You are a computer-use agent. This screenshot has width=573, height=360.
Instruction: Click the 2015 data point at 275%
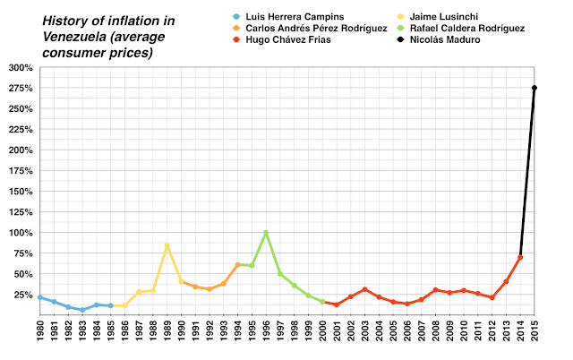tap(535, 88)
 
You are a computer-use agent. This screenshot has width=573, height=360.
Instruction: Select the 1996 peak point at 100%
tap(266, 233)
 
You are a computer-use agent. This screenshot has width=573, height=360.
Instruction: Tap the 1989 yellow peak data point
tap(167, 245)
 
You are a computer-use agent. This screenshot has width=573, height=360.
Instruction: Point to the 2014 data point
tap(520, 257)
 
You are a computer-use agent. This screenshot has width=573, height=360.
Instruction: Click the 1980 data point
tap(39, 297)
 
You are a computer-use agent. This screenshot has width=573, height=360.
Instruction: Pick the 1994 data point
tap(237, 264)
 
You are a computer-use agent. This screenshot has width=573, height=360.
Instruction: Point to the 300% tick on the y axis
tap(19, 67)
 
